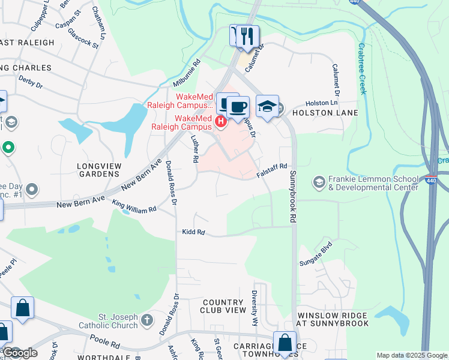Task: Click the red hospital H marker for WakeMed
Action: [220, 122]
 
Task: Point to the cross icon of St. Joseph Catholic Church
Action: [148, 320]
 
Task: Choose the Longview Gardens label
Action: [98, 169]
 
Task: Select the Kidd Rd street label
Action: [194, 232]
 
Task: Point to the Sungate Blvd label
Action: [316, 255]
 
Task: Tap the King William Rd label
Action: [134, 206]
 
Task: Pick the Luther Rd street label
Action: [193, 148]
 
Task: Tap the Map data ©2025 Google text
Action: [411, 355]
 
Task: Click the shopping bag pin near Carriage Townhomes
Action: [285, 343]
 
